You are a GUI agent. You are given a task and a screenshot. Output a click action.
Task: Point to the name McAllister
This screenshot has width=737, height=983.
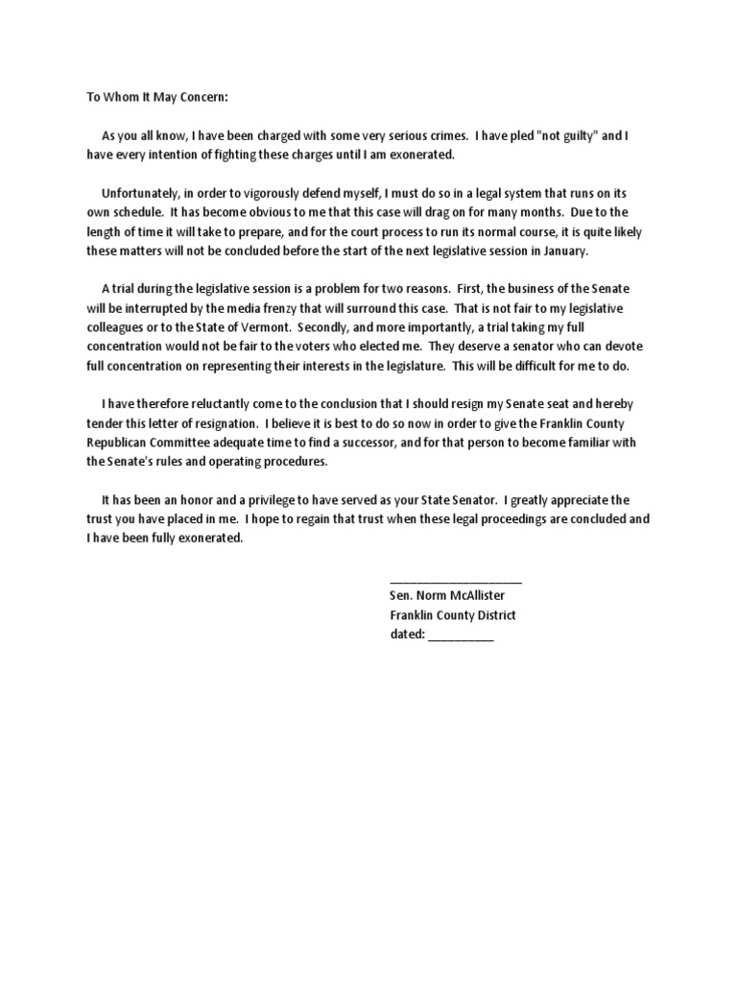[x=470, y=596]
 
